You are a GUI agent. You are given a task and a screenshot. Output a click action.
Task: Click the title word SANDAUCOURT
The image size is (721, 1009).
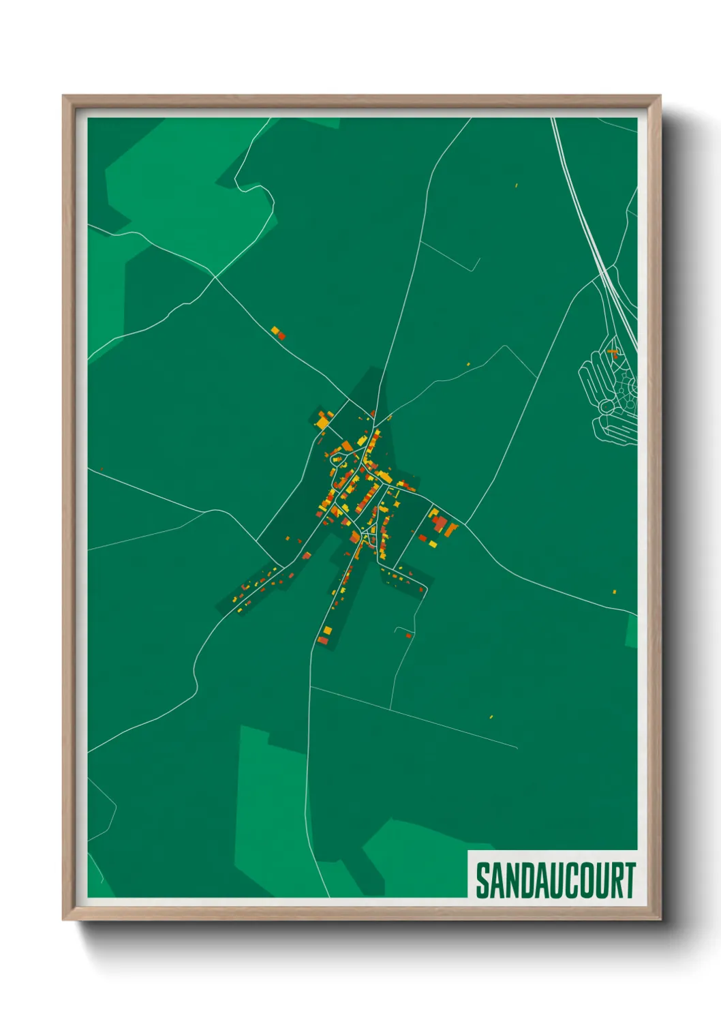pyautogui.click(x=555, y=880)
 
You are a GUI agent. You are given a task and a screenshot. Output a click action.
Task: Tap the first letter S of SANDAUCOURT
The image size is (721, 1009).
pyautogui.click(x=483, y=880)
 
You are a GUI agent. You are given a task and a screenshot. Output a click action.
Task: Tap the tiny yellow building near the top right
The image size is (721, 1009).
pyautogui.click(x=517, y=185)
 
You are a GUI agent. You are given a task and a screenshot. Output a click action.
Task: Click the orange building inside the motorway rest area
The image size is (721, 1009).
pyautogui.click(x=613, y=352)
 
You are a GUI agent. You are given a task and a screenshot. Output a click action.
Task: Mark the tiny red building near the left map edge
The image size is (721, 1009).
pyautogui.click(x=101, y=468)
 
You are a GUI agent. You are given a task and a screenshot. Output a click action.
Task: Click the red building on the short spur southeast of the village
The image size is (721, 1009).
pyautogui.click(x=408, y=635)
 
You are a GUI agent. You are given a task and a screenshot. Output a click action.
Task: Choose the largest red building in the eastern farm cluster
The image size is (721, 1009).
pyautogui.click(x=440, y=524)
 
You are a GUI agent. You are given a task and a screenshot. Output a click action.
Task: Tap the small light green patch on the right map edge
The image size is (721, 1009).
pyautogui.click(x=632, y=631)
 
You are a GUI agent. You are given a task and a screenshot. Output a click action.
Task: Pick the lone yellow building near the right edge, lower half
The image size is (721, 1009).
pyautogui.click(x=614, y=592)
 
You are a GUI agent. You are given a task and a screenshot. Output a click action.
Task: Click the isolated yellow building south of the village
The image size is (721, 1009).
pyautogui.click(x=491, y=717)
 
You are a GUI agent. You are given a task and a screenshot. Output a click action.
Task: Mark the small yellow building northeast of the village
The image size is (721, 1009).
pyautogui.click(x=469, y=364)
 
